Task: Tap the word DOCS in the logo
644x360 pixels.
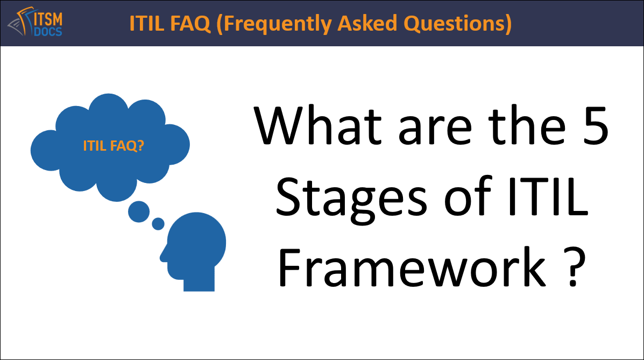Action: (48, 31)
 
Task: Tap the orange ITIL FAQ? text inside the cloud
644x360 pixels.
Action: (114, 145)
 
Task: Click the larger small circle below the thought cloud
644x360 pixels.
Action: (139, 211)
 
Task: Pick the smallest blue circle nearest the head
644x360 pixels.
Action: (158, 223)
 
